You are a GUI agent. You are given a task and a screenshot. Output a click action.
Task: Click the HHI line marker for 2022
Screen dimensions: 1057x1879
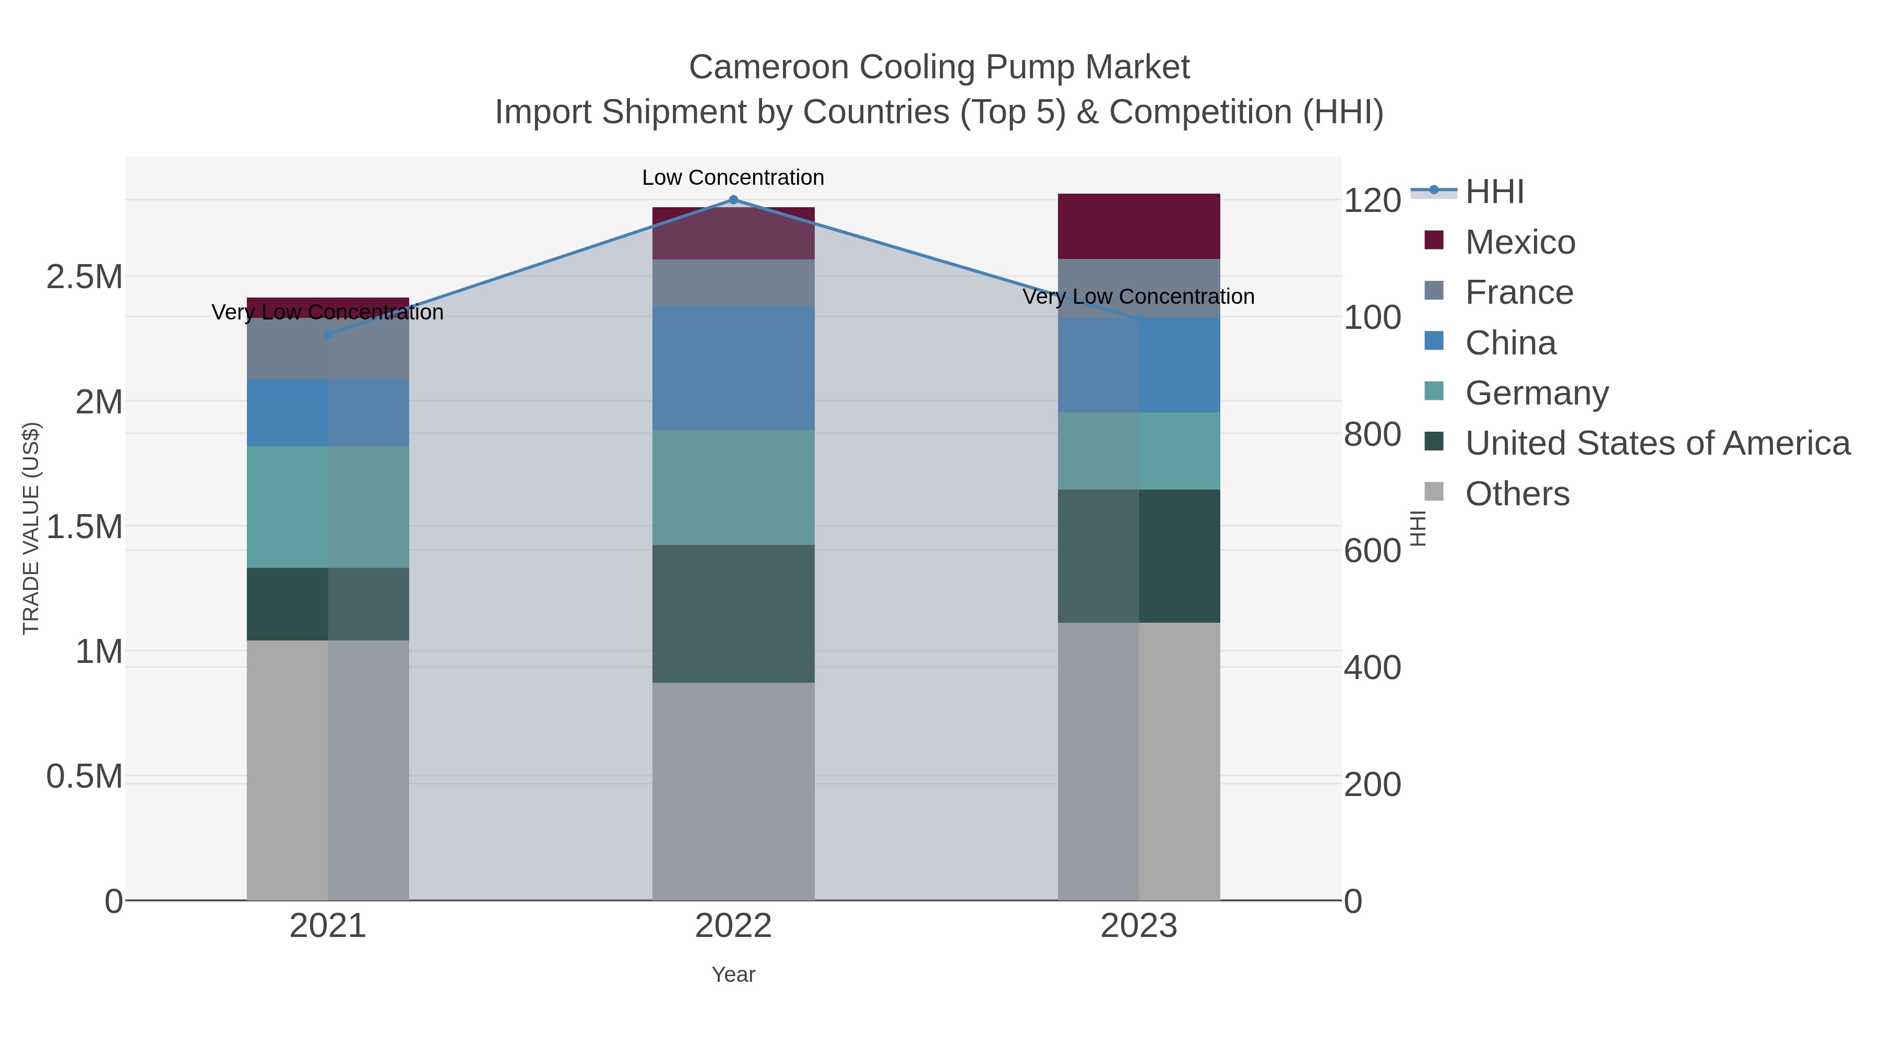pyautogui.click(x=733, y=200)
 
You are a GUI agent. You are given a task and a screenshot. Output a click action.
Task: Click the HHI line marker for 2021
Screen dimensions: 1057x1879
pyautogui.click(x=327, y=335)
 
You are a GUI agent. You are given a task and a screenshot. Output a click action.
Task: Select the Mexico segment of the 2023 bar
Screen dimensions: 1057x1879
pyautogui.click(x=1139, y=226)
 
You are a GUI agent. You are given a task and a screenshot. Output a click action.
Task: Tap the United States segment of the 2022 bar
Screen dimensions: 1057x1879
pyautogui.click(x=733, y=613)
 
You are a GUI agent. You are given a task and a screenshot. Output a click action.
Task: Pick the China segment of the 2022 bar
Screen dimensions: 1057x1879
pyautogui.click(x=733, y=369)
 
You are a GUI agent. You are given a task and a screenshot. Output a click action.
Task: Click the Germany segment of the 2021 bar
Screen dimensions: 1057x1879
pyautogui.click(x=327, y=507)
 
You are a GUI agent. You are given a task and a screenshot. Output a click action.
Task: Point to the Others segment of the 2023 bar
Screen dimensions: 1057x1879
pyautogui.click(x=1139, y=761)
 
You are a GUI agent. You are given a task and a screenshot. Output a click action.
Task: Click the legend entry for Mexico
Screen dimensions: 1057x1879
pyautogui.click(x=1519, y=242)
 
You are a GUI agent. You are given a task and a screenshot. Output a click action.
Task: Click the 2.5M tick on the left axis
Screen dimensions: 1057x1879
pyautogui.click(x=84, y=277)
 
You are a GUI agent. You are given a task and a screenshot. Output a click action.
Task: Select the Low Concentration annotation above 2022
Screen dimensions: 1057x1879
pyautogui.click(x=733, y=177)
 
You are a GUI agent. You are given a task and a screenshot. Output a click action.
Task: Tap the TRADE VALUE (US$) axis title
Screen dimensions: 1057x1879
pyautogui.click(x=31, y=528)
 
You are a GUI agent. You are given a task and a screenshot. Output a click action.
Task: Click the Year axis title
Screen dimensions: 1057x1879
pyautogui.click(x=733, y=975)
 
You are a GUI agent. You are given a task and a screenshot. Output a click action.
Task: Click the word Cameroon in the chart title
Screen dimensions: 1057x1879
pyautogui.click(x=769, y=67)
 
